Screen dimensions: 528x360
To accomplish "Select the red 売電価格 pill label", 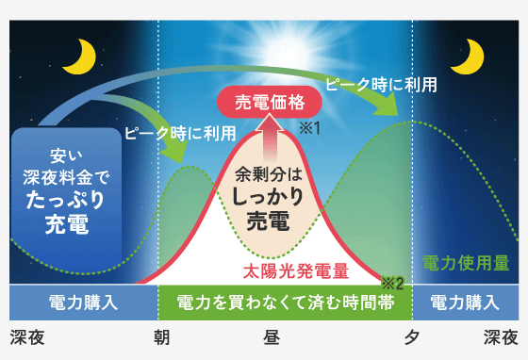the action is (x=270, y=102).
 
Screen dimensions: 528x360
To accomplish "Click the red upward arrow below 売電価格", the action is (x=270, y=138).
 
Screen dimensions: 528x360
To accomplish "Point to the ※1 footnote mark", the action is (x=310, y=128).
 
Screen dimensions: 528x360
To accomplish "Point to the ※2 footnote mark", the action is (x=392, y=284).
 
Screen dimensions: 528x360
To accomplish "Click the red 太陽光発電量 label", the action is (x=296, y=271).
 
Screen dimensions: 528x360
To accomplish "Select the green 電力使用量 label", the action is (x=466, y=263).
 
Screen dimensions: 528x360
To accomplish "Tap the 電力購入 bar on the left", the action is (x=84, y=303).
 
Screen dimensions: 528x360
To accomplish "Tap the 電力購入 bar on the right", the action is (x=466, y=303).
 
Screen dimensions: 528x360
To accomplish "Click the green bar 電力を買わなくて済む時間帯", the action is (x=285, y=303).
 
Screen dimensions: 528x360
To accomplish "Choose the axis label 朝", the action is (x=161, y=337).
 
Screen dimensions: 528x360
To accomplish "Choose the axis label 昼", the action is (x=272, y=337).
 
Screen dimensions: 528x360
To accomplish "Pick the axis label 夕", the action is (x=412, y=337).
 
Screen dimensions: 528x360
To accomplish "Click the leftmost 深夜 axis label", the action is (x=27, y=337).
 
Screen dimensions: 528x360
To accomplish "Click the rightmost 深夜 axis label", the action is (x=501, y=337).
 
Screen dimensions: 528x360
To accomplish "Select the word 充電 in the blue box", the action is (x=67, y=223).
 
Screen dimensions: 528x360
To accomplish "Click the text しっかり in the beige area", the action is (x=268, y=196).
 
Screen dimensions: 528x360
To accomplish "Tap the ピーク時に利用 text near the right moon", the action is (x=381, y=85).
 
